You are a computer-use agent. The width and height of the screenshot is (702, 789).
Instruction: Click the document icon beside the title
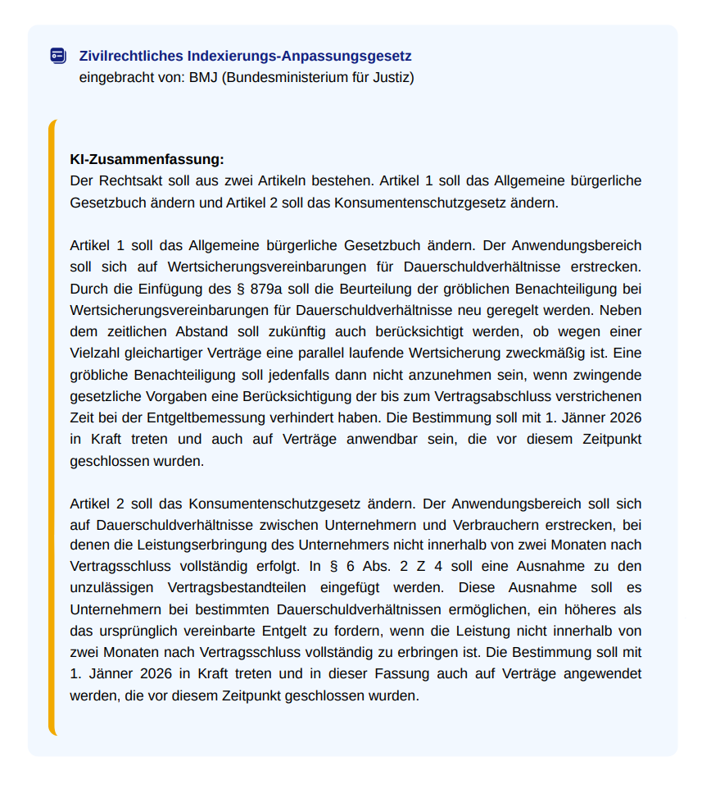57,56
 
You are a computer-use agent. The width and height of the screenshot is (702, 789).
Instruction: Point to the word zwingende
605,375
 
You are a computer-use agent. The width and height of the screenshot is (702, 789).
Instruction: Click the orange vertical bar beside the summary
52,426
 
